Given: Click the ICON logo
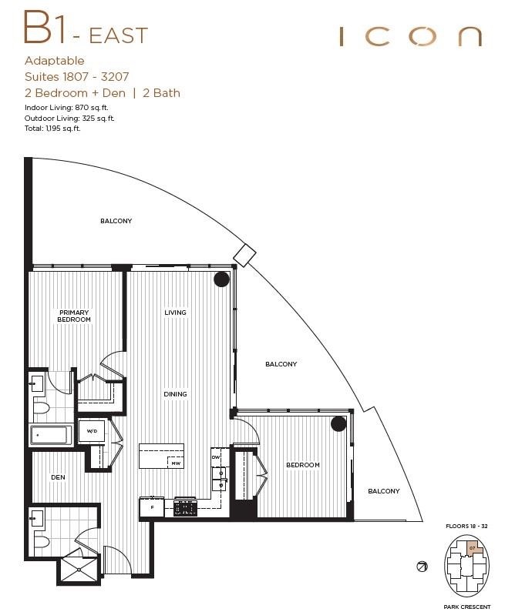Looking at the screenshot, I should [410, 36].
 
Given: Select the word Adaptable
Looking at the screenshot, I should [54, 61].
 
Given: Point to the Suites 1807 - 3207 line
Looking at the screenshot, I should [76, 77].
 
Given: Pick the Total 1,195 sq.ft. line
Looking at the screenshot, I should [52, 129].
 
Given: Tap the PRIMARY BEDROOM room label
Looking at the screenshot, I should [74, 316].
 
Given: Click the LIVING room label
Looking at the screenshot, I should [175, 313].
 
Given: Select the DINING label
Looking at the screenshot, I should [175, 394].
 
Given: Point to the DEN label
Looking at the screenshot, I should [58, 477].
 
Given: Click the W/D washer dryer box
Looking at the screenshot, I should [91, 431].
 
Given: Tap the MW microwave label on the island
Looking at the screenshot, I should [176, 463].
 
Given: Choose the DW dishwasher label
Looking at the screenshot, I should [216, 457].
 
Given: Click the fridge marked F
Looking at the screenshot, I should [151, 508].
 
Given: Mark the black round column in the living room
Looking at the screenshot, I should [221, 280].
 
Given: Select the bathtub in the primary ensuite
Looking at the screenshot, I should [52, 435].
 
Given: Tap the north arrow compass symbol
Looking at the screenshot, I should [422, 567].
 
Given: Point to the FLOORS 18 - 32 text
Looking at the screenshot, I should [467, 525].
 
